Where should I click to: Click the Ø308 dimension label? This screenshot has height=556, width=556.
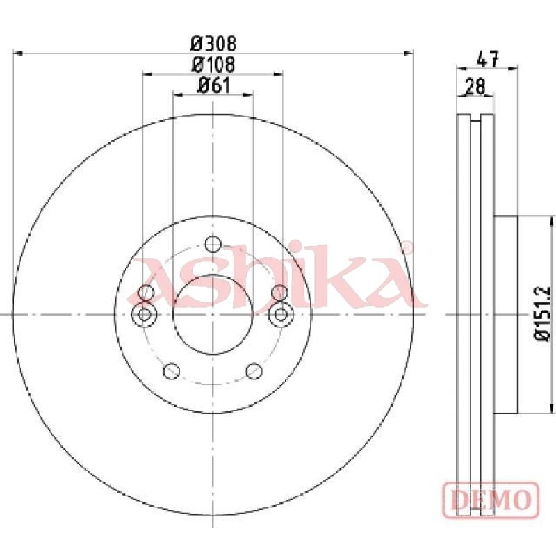click(213, 44)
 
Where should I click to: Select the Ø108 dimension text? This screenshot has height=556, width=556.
click(213, 65)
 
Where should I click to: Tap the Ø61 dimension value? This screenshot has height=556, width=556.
click(213, 85)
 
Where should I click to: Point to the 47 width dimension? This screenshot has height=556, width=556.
click(488, 59)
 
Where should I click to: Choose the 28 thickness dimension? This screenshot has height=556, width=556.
click(475, 86)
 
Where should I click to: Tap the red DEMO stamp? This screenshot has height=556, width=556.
click(491, 500)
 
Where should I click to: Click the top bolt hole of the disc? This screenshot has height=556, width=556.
click(213, 245)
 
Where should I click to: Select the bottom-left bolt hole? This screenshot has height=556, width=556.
click(172, 371)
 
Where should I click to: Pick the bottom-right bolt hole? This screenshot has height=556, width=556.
click(254, 371)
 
